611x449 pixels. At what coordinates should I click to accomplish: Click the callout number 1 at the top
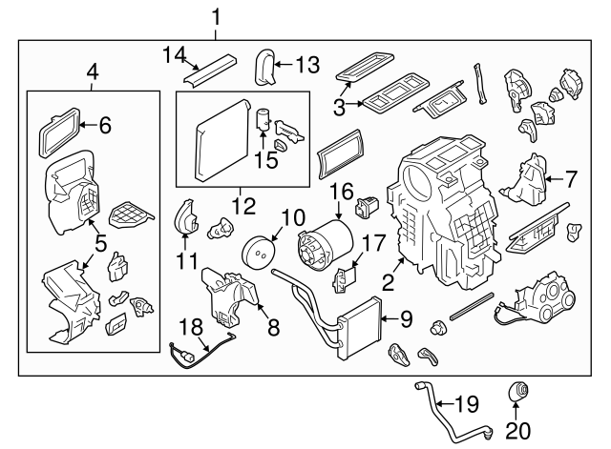[x=216, y=16]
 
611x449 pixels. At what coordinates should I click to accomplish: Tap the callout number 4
[x=92, y=71]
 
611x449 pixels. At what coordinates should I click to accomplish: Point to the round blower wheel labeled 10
[x=258, y=252]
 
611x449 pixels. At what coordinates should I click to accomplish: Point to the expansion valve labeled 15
[x=263, y=123]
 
